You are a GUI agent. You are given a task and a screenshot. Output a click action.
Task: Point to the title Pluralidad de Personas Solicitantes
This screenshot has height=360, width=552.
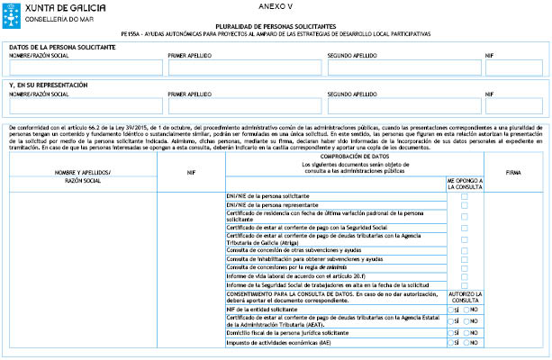pos(276,27)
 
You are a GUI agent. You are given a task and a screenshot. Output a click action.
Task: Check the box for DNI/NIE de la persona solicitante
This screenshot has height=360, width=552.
pos(465,196)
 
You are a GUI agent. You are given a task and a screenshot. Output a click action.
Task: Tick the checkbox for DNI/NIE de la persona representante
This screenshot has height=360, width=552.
pos(465,205)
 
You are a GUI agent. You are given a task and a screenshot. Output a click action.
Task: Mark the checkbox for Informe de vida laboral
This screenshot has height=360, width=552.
pos(465,276)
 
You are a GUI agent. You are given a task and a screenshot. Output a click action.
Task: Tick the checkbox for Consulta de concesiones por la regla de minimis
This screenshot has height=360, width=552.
pos(465,267)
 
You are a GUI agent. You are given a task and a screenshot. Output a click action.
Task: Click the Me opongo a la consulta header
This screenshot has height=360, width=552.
pos(465,184)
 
